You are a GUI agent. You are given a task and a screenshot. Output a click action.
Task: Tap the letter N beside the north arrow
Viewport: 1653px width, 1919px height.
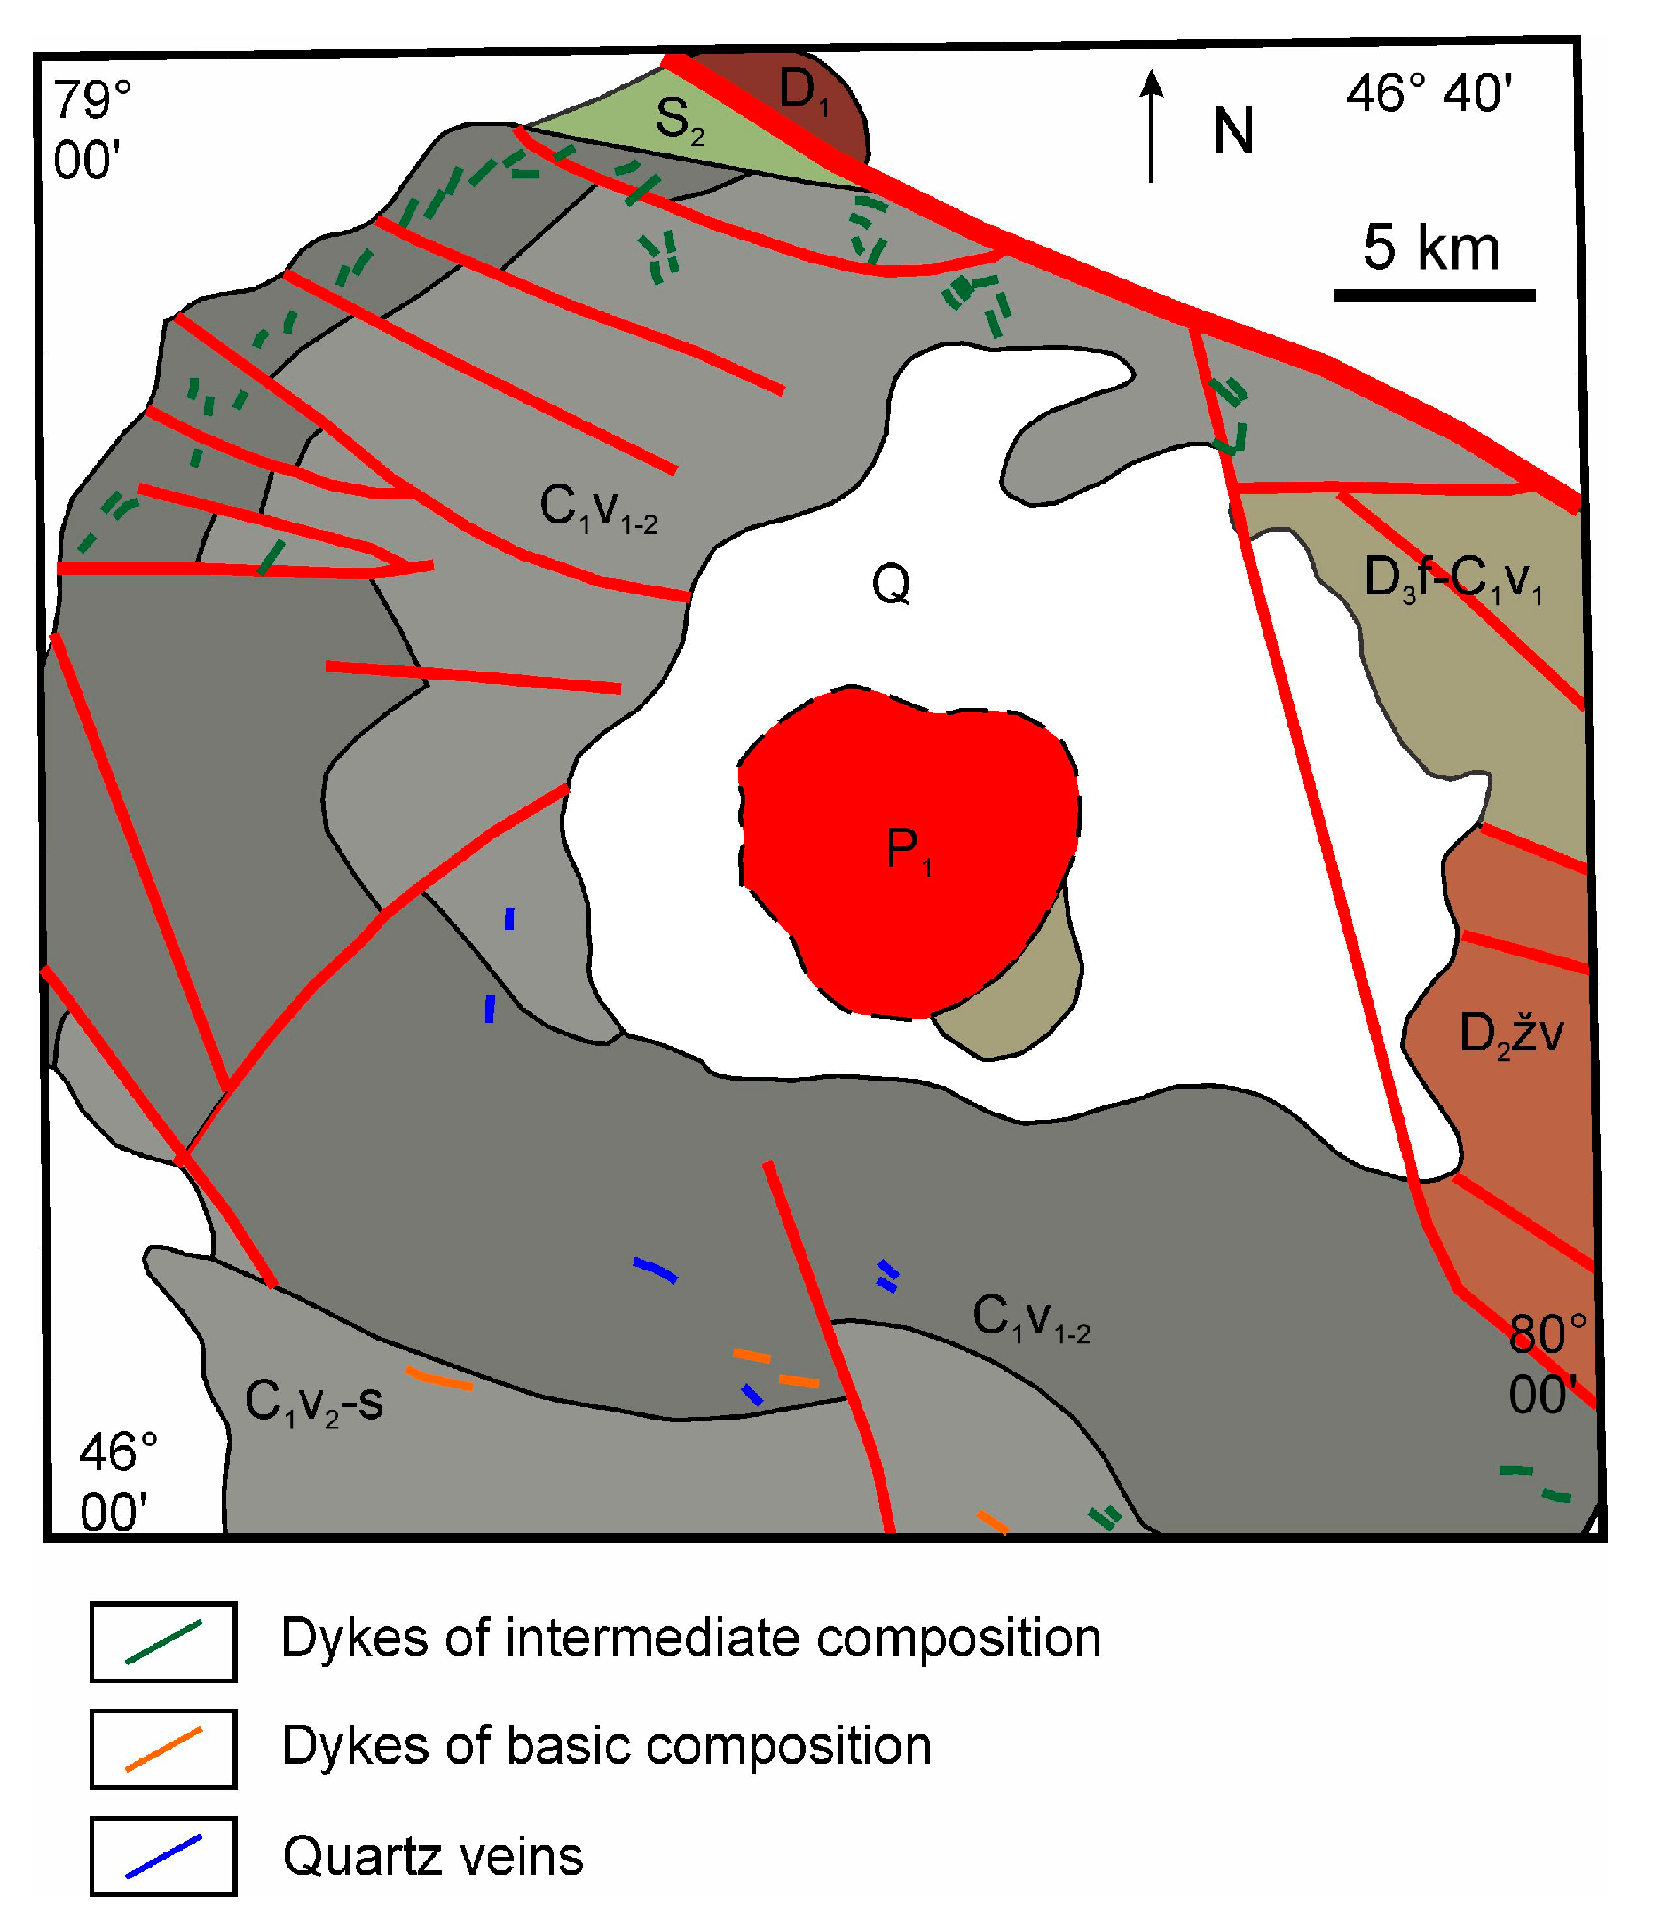point(1233,131)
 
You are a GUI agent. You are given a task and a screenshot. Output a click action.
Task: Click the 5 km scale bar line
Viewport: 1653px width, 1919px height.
point(1434,295)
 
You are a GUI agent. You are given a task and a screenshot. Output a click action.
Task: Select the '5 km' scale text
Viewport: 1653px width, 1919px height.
point(1431,248)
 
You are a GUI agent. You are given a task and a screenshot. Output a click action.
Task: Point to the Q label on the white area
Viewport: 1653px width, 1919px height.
point(891,585)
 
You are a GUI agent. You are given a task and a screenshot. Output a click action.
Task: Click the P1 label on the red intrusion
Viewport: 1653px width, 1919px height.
point(908,850)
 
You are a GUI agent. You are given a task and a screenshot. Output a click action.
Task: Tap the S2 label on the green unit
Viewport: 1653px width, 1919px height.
point(679,121)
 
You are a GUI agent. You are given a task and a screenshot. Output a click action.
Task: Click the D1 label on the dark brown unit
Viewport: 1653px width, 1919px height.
point(803,91)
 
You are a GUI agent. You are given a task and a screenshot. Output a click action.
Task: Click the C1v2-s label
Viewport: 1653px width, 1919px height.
point(313,1401)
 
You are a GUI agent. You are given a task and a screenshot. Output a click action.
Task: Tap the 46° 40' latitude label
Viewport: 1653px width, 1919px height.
point(1429,94)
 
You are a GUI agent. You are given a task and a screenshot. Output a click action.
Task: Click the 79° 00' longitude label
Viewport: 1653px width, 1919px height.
point(91,130)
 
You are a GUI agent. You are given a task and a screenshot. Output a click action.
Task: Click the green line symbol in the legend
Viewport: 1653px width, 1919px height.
point(164,1642)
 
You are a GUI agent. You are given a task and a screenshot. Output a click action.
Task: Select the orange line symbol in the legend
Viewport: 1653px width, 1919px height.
point(164,1750)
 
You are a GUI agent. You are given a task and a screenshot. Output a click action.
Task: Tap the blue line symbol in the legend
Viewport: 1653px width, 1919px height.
point(164,1856)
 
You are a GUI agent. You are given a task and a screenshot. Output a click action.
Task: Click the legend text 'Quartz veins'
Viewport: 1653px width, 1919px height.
point(433,1856)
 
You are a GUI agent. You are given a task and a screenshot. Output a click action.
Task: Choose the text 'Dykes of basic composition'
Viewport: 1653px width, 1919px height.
point(607,1747)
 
